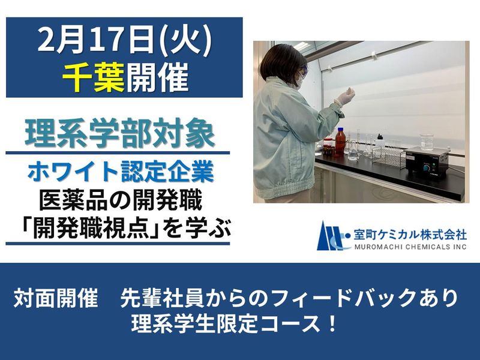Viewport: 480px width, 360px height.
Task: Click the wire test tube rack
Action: pos(390,157)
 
